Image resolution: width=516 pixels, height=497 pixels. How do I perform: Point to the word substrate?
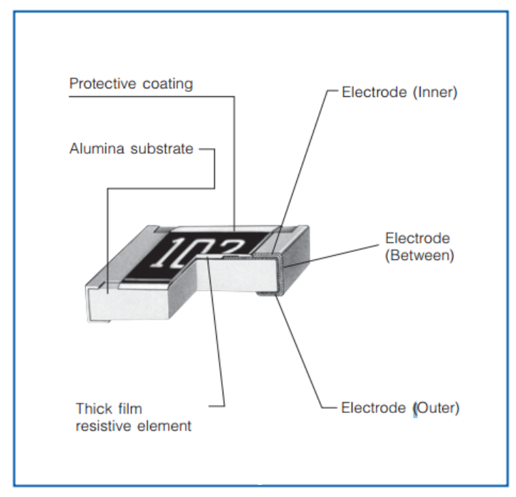coord(161,149)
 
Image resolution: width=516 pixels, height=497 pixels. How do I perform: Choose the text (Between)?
coord(419,256)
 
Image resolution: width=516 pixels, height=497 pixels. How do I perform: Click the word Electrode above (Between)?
coord(417,238)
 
